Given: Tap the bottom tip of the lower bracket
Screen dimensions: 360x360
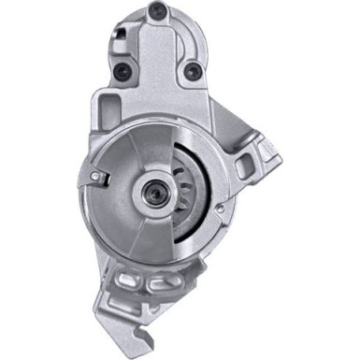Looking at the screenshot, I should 159,348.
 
